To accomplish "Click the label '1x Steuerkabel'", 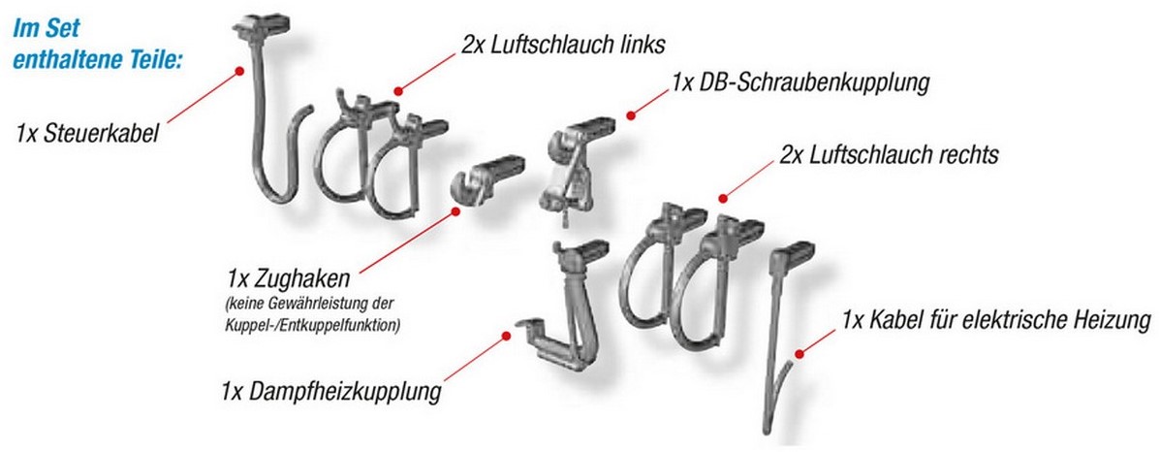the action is pyautogui.click(x=87, y=135).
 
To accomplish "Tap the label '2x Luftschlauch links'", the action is pyautogui.click(x=563, y=46).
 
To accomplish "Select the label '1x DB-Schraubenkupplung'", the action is pyautogui.click(x=799, y=82).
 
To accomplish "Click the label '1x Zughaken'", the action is pyautogui.click(x=289, y=281).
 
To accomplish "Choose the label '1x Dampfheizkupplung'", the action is pyautogui.click(x=330, y=390).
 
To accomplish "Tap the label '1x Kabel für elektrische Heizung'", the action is pyautogui.click(x=996, y=321).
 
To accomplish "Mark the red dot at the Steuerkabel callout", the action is pyautogui.click(x=239, y=71).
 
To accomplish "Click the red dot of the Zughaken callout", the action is pyautogui.click(x=455, y=211).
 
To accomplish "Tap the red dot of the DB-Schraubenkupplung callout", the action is pyautogui.click(x=630, y=115).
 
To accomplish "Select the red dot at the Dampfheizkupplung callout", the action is pyautogui.click(x=506, y=336).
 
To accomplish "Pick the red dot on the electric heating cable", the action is pyautogui.click(x=799, y=353).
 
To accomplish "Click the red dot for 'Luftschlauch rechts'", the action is pyautogui.click(x=723, y=198).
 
